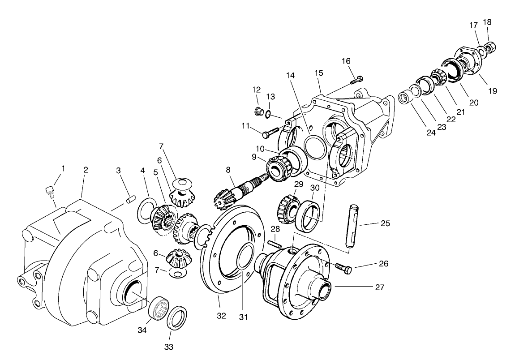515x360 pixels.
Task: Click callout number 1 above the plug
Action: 63,168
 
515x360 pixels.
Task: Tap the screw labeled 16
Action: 356,80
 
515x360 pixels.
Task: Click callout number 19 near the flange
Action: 493,91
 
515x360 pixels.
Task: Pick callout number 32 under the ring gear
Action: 221,316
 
